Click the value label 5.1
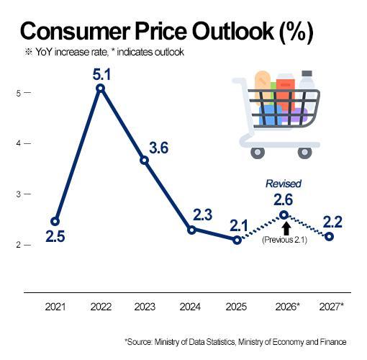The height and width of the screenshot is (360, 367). point(101,74)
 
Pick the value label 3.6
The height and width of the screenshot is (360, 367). point(159,148)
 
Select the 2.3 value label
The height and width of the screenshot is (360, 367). point(203,215)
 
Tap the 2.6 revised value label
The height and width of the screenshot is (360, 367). point(284,199)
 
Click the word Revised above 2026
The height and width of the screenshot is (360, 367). point(284,184)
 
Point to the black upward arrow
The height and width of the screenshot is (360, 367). point(286,229)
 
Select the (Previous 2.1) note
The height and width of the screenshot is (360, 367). point(284,240)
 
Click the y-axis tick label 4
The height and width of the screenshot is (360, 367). point(19,143)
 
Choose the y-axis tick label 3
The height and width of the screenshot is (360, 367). point(19,194)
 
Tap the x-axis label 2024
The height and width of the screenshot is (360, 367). point(190,307)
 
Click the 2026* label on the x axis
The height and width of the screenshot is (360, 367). point(288,307)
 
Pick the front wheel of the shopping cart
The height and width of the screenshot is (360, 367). point(258,153)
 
